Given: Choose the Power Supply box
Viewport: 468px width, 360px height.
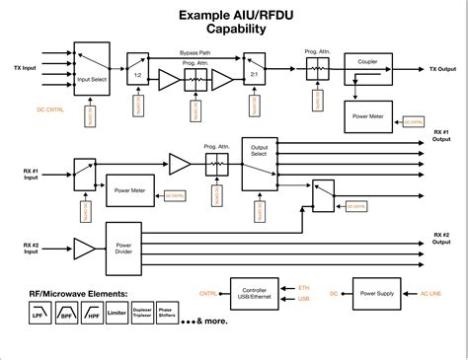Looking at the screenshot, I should [378, 294].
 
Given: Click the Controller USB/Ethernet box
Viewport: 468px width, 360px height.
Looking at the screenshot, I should [257, 294].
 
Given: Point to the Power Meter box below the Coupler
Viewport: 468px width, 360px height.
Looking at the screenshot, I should [368, 118].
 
